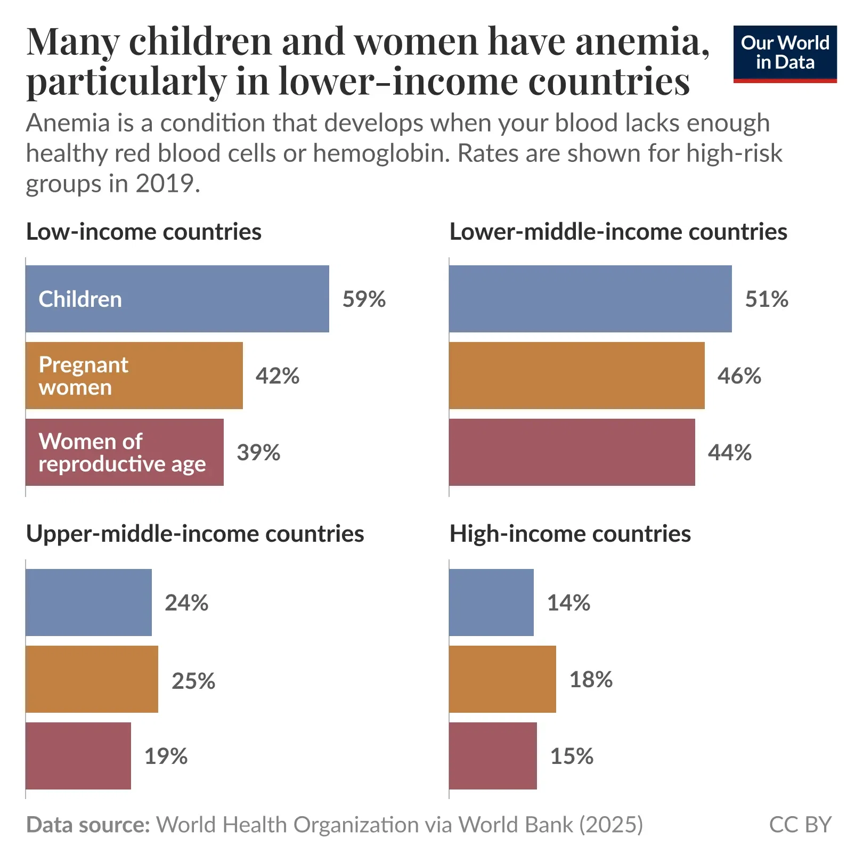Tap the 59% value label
(364, 299)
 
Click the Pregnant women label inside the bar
(83, 376)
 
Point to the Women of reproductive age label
(121, 453)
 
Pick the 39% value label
(258, 453)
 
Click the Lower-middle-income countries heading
(618, 232)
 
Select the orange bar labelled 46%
(576, 376)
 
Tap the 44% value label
(729, 453)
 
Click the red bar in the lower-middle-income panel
(572, 452)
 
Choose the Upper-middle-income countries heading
(195, 534)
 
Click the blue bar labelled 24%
(88, 603)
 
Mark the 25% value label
(193, 681)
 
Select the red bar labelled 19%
(78, 756)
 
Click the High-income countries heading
(570, 534)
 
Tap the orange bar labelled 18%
(502, 679)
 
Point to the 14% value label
(568, 603)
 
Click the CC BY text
(800, 825)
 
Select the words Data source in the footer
(88, 825)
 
